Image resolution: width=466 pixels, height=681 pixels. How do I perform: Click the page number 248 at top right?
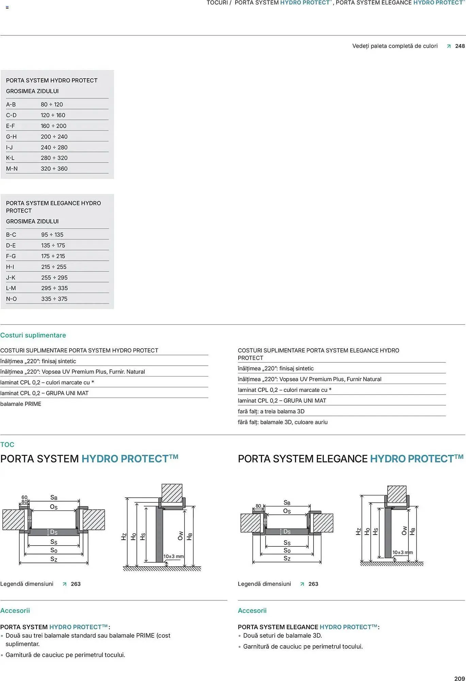(460, 46)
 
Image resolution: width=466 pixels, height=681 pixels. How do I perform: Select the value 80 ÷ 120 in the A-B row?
(52, 105)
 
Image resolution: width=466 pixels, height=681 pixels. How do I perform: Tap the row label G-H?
(11, 137)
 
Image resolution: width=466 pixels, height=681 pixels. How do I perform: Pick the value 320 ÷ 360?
(54, 169)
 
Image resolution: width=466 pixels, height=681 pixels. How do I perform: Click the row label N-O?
(11, 299)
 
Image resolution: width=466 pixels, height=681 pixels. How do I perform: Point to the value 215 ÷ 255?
(54, 267)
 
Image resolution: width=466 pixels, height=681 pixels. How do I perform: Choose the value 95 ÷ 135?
(52, 235)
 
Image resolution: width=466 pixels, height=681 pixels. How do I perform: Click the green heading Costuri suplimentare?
(33, 335)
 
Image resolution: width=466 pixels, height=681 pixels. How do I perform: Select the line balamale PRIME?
(21, 404)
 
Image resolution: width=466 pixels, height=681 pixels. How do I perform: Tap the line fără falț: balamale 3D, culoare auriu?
(283, 422)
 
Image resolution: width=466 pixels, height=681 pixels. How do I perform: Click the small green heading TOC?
(7, 444)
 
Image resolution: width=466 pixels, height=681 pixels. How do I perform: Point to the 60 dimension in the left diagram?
(25, 497)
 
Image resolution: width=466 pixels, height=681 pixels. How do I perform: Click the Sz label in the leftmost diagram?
(54, 559)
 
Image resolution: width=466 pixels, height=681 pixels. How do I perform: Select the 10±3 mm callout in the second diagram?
(173, 556)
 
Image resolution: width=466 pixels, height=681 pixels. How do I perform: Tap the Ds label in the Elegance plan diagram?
(287, 532)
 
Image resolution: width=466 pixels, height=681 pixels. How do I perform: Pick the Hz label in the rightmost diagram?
(358, 532)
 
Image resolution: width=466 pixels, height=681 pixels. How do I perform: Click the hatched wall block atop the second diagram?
(172, 493)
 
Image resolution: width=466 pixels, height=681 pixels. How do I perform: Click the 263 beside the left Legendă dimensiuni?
(76, 584)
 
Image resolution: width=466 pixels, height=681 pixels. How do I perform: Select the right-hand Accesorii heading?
(252, 611)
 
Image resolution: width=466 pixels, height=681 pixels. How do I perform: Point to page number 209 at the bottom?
(459, 678)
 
